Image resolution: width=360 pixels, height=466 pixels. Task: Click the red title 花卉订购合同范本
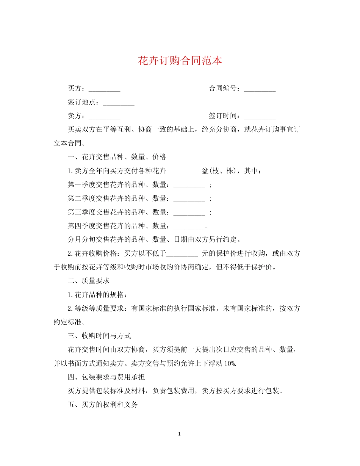tap(180, 61)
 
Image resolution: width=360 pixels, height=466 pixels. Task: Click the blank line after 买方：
tap(104, 89)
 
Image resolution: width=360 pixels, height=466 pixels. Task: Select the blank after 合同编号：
tap(260, 89)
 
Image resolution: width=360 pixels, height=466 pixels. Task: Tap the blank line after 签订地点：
tap(119, 103)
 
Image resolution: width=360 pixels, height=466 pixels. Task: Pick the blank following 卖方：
tap(104, 116)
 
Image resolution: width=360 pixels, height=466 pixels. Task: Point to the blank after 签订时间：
tap(260, 116)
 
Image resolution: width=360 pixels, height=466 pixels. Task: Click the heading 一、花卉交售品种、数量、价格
tap(117, 157)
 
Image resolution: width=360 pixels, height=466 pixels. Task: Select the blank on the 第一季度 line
tap(189, 185)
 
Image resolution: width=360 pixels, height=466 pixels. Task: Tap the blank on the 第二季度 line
tap(189, 199)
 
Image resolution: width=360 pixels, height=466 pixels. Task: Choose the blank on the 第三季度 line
tap(189, 212)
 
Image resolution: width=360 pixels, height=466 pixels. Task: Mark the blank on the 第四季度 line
tap(189, 226)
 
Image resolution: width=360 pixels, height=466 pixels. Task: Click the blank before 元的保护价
tap(182, 253)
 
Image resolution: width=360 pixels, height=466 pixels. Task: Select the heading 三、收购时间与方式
tap(99, 336)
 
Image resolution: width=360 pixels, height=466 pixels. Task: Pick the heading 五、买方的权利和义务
tap(103, 405)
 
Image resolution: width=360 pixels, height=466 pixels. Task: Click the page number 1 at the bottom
tap(180, 434)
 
